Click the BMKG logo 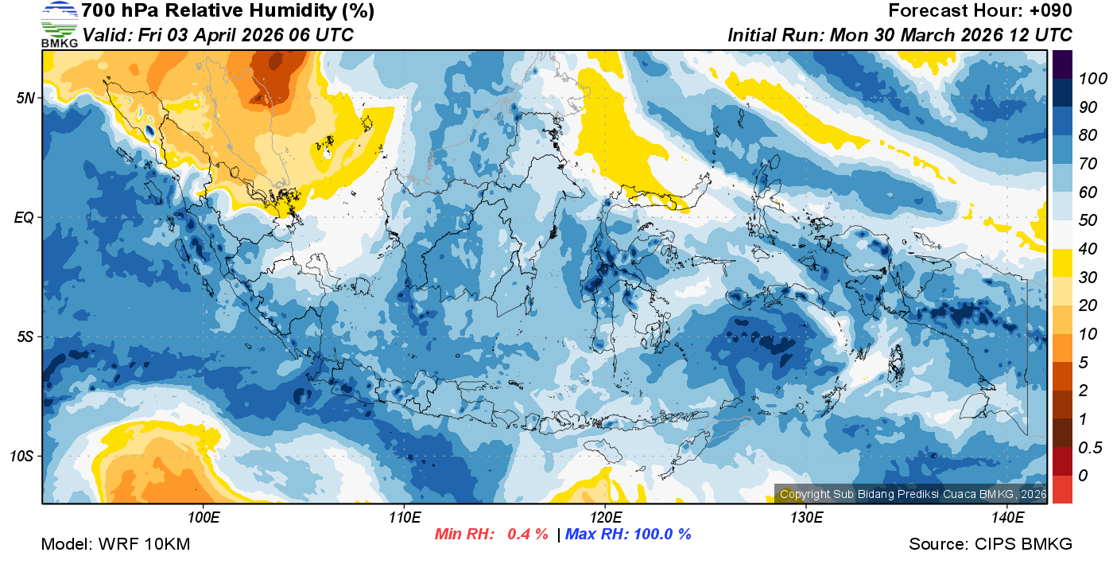click(60, 24)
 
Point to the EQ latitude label click(24, 217)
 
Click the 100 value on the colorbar click(1088, 79)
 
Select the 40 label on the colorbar click(1084, 249)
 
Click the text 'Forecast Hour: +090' click(980, 11)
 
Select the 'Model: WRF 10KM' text click(115, 544)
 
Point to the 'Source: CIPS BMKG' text click(991, 544)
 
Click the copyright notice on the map click(913, 494)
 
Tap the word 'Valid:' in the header click(107, 35)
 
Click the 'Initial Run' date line click(900, 35)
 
